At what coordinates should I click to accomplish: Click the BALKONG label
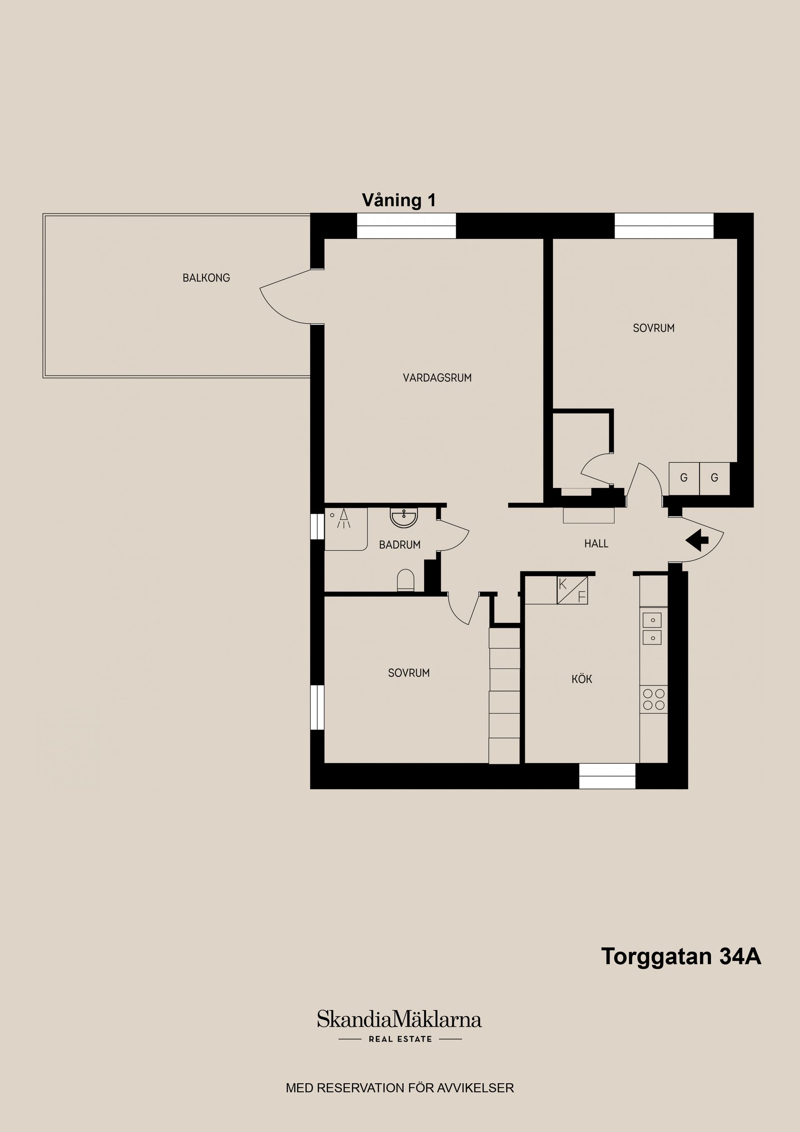206,278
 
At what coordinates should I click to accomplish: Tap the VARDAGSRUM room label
437,378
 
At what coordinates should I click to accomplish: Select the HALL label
596,544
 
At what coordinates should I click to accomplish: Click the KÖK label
582,679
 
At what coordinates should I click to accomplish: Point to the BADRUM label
399,545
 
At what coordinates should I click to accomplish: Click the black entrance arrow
697,540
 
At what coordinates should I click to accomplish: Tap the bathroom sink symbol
404,518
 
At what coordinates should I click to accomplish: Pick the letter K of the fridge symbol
563,585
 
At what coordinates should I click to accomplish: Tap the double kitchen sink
652,629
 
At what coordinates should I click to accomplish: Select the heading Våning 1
399,200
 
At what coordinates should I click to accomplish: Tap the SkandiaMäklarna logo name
399,1019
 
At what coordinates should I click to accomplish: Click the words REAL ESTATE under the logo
400,1039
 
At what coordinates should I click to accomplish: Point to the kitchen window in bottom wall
607,776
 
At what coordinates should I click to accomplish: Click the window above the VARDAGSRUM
406,226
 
